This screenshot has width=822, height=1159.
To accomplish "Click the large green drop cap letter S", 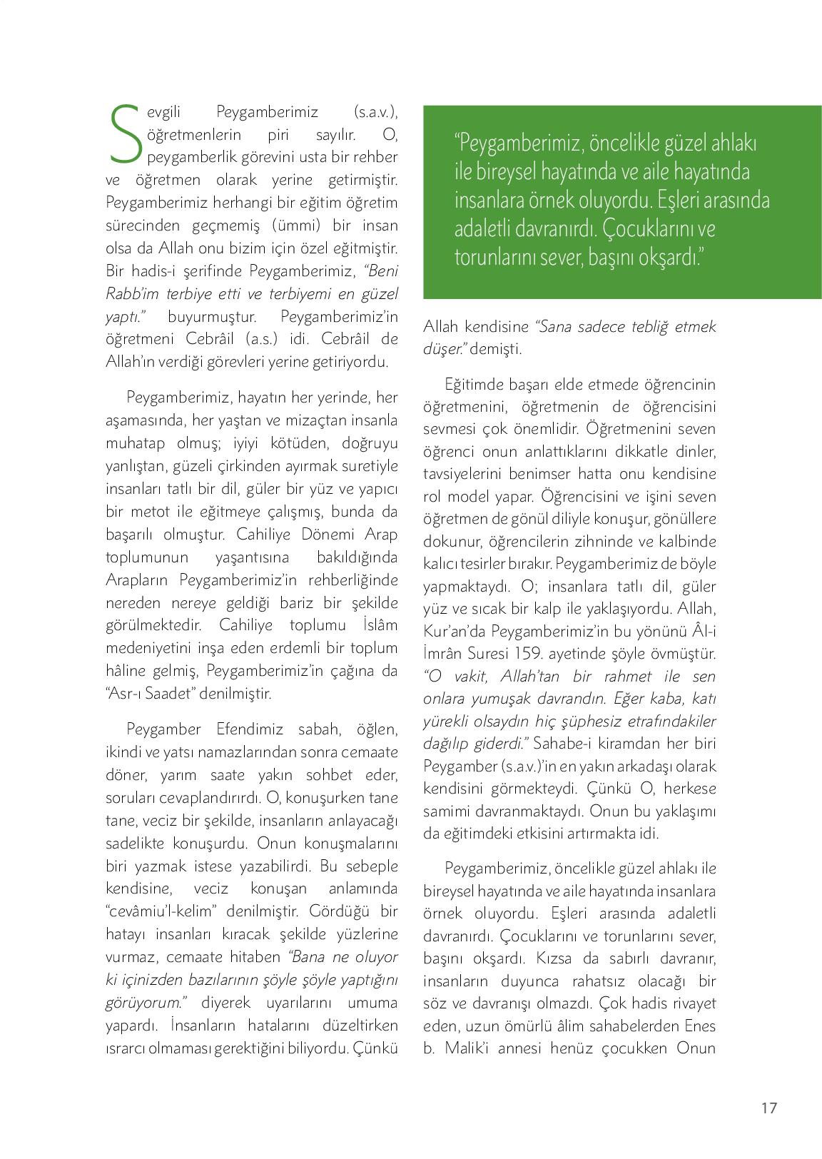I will [x=123, y=134].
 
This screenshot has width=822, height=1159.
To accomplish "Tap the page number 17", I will [x=768, y=1108].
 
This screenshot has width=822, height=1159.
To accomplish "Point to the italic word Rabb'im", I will [x=127, y=293].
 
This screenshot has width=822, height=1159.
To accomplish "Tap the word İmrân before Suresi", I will [x=444, y=653].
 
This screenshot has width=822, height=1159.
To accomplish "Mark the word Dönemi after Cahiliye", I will [x=322, y=534].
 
